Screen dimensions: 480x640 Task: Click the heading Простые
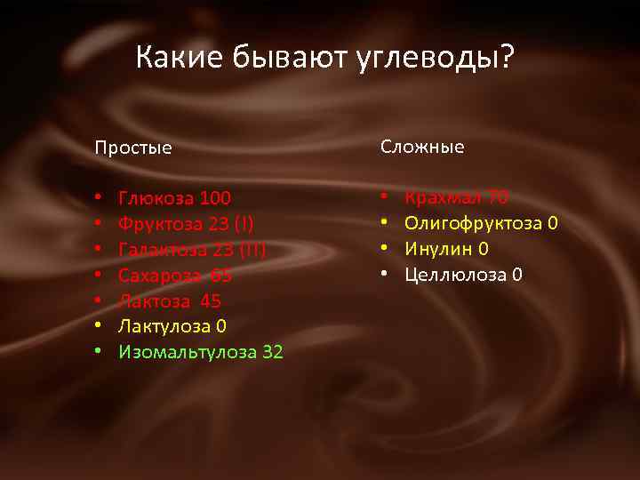click(x=134, y=148)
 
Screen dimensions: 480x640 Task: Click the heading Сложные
click(x=423, y=147)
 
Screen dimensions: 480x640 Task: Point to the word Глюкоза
click(x=156, y=197)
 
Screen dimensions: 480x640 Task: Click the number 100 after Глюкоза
click(x=216, y=197)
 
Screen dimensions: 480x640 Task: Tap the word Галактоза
click(x=164, y=249)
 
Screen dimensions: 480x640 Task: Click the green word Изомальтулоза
click(x=188, y=352)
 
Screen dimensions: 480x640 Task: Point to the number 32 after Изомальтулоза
click(x=273, y=352)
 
